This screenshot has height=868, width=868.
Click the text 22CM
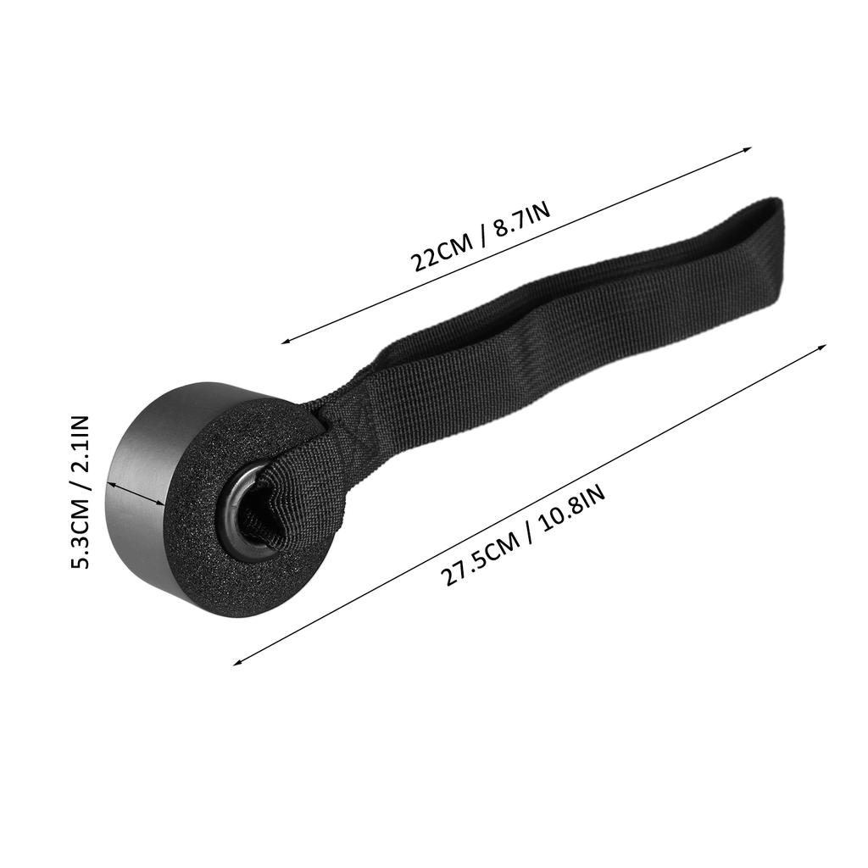coord(442,253)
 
